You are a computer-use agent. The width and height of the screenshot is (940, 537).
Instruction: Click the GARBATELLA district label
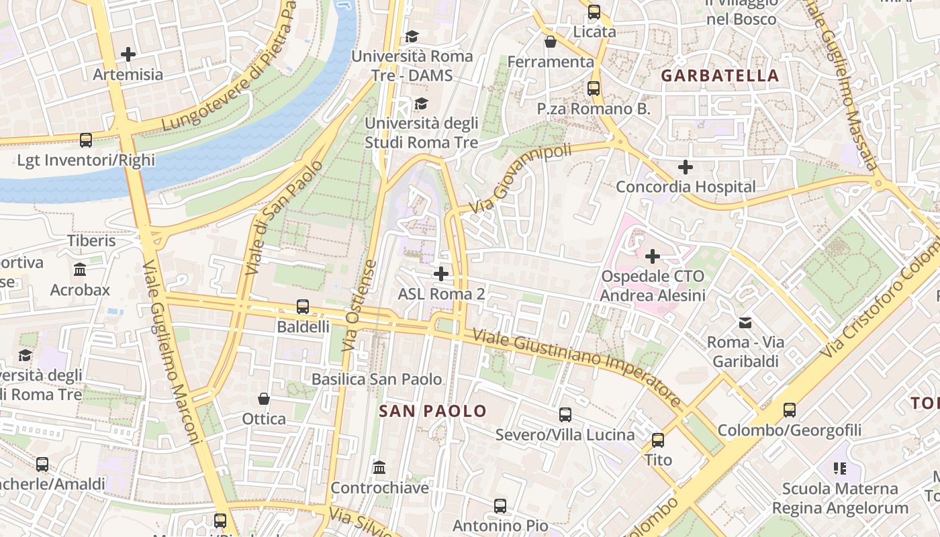tap(720, 76)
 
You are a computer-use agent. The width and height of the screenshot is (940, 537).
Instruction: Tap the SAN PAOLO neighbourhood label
tap(432, 411)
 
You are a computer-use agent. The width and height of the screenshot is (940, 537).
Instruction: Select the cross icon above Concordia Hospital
tap(686, 166)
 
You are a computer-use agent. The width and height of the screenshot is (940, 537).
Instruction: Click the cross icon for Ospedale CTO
tap(653, 256)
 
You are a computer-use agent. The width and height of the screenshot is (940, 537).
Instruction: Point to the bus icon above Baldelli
tap(303, 307)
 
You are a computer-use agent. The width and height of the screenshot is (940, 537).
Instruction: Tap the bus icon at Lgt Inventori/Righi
tap(86, 140)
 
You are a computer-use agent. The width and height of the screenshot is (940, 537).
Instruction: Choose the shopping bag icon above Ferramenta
tap(551, 42)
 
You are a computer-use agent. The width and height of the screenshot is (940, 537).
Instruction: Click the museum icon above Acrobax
tap(81, 270)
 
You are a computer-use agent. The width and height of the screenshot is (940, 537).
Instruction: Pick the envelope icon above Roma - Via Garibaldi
tap(745, 323)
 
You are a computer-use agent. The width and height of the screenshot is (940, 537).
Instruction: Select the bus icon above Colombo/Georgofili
tap(790, 409)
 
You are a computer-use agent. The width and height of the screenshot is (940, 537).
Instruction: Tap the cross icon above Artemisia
tap(128, 54)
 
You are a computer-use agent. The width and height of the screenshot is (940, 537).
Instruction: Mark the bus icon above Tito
tap(658, 440)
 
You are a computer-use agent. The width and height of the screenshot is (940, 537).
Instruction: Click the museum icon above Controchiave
tap(379, 467)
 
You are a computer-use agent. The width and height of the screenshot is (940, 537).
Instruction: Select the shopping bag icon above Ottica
tap(264, 399)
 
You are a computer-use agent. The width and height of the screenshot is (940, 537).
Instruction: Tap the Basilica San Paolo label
tap(377, 379)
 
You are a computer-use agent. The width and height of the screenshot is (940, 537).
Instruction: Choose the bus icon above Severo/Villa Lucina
tap(565, 415)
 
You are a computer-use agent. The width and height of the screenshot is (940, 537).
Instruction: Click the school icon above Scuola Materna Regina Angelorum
tap(839, 468)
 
